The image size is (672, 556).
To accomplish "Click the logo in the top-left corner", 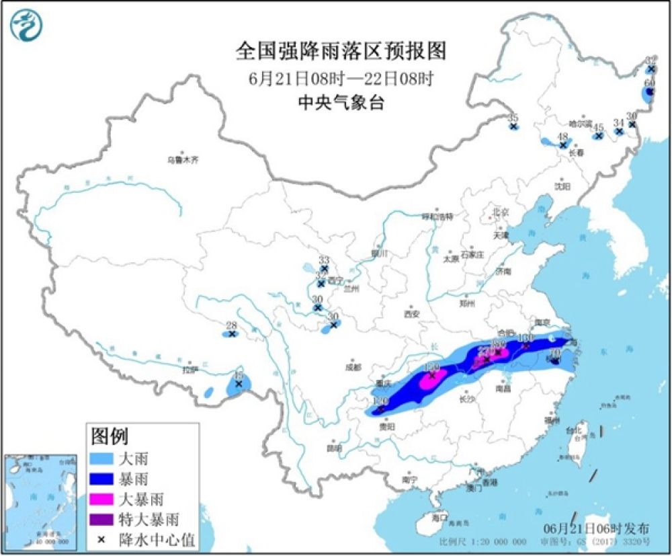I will [x=26, y=26].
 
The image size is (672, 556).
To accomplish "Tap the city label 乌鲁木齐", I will [x=183, y=160].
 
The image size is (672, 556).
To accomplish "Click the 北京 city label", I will [x=501, y=212].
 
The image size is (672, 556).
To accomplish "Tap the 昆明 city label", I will [x=333, y=448].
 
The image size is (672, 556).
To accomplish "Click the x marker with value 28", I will [x=232, y=333].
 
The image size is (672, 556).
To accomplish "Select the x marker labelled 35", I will [x=513, y=126].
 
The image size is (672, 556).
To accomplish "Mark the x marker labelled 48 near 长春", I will [x=563, y=145].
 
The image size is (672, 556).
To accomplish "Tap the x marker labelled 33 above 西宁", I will [x=324, y=269].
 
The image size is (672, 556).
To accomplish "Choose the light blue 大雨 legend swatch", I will [x=102, y=460].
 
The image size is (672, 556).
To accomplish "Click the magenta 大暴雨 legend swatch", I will [x=102, y=499].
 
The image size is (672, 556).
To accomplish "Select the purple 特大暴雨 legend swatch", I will [x=102, y=518].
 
